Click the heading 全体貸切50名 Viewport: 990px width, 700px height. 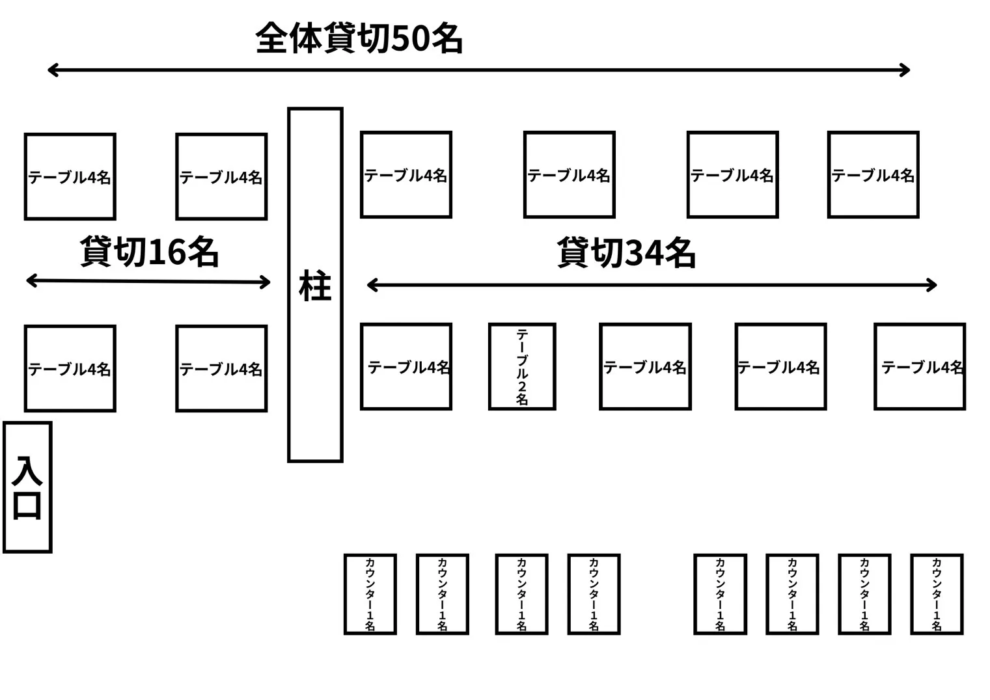pyautogui.click(x=359, y=38)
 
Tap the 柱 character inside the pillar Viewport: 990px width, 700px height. pyautogui.click(x=315, y=286)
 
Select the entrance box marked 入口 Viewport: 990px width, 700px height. pyautogui.click(x=27, y=487)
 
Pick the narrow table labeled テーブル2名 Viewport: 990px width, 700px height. pyautogui.click(x=522, y=366)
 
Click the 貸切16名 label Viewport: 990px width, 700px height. pyautogui.click(x=149, y=252)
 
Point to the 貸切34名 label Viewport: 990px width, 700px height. pyautogui.click(x=626, y=253)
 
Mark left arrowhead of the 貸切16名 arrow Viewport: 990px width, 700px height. pyautogui.click(x=30, y=280)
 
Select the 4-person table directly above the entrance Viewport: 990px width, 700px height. pyautogui.click(x=70, y=368)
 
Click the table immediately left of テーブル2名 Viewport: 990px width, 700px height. pyautogui.click(x=406, y=366)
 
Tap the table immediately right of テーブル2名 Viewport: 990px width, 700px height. pyautogui.click(x=645, y=366)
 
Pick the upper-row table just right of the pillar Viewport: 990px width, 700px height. pyautogui.click(x=406, y=174)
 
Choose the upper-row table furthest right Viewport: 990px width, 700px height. pyautogui.click(x=873, y=174)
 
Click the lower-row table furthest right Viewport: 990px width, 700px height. pyautogui.click(x=920, y=366)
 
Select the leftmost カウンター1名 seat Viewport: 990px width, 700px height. pyautogui.click(x=370, y=594)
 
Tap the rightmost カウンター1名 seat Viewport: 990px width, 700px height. pyautogui.click(x=936, y=594)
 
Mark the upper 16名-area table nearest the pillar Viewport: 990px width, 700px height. pyautogui.click(x=221, y=176)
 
